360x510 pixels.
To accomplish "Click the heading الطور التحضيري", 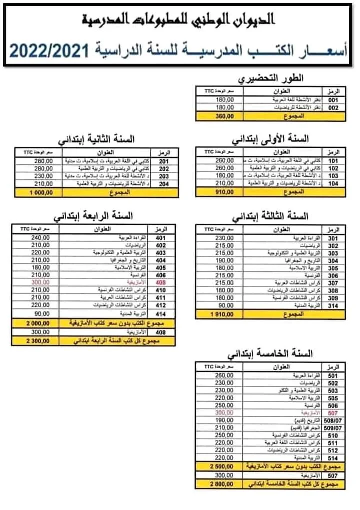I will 271,79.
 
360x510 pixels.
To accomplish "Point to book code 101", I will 333,160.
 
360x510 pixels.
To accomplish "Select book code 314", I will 333,305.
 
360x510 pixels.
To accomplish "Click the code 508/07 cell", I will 333,421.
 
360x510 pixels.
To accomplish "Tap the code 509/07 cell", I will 333,429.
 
